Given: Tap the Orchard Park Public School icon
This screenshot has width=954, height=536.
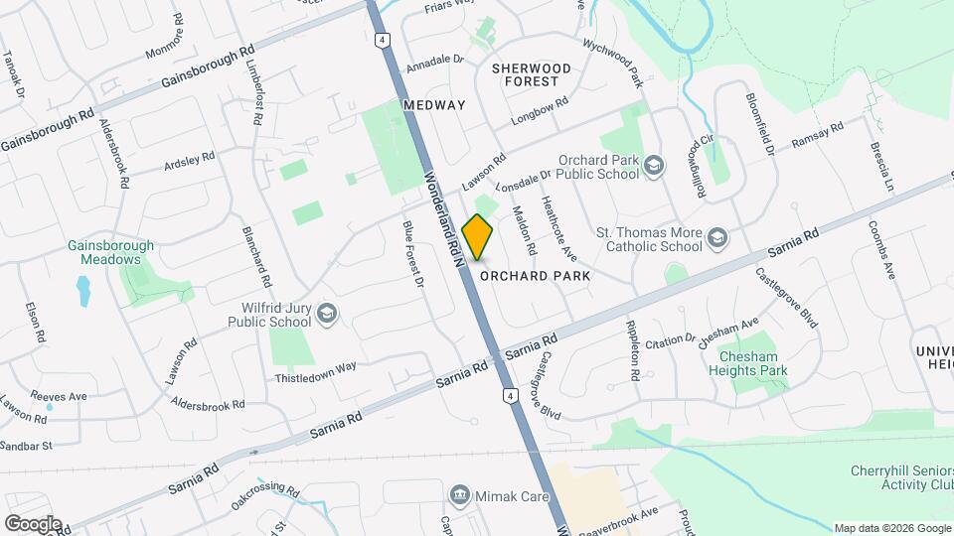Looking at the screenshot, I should (654, 166).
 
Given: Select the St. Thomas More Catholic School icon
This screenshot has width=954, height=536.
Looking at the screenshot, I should (717, 238).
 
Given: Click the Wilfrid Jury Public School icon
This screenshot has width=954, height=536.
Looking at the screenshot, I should (326, 316).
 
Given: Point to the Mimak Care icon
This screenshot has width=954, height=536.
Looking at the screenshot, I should (460, 493).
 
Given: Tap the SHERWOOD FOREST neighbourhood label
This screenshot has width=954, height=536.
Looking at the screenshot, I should (532, 74).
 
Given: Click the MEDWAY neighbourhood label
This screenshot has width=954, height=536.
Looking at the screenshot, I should (434, 105).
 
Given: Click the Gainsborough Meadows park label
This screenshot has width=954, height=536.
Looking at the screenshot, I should (111, 252).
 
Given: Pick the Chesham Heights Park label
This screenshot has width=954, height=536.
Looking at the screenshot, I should (747, 363).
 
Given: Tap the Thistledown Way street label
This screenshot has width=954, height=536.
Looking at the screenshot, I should (316, 372).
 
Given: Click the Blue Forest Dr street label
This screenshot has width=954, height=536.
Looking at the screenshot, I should (412, 254).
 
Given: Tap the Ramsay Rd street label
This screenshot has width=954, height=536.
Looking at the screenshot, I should (817, 136).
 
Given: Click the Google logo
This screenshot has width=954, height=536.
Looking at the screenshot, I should (33, 523).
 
